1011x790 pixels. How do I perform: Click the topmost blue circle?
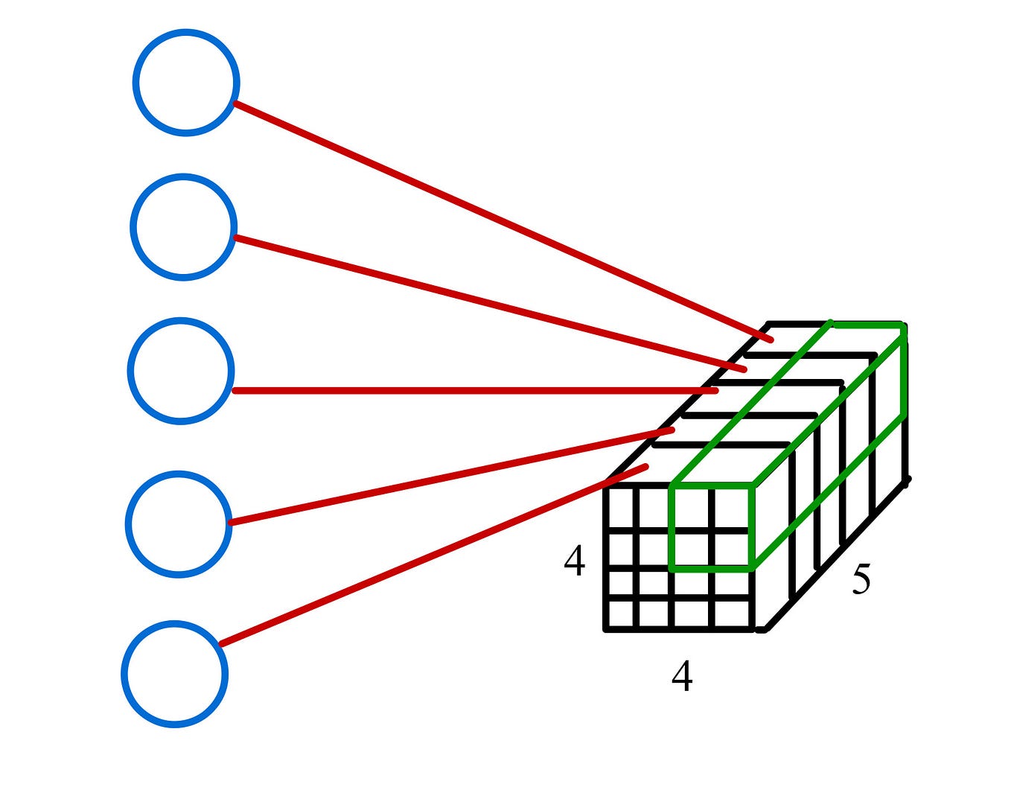click(x=186, y=83)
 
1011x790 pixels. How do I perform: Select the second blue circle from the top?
click(x=184, y=227)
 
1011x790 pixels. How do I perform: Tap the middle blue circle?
click(x=181, y=371)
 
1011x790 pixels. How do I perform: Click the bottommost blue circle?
click(x=175, y=673)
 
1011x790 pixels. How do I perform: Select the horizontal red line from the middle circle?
click(x=476, y=390)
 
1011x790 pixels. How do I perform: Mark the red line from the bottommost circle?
click(x=432, y=556)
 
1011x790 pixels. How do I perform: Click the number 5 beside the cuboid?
click(x=861, y=579)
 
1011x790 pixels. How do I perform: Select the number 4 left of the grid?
click(x=574, y=561)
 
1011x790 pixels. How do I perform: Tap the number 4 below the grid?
click(x=682, y=676)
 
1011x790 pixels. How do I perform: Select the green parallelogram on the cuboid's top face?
click(x=789, y=402)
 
